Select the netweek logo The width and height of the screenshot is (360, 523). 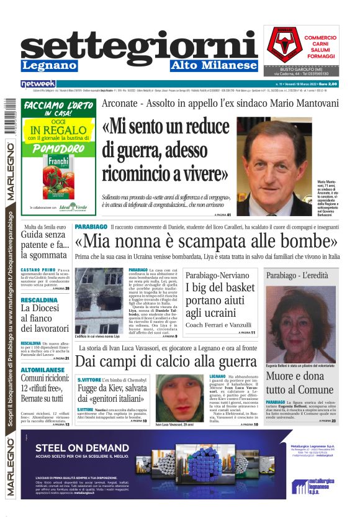[x=38, y=83]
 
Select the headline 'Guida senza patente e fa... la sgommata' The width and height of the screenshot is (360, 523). [x=45, y=244]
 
